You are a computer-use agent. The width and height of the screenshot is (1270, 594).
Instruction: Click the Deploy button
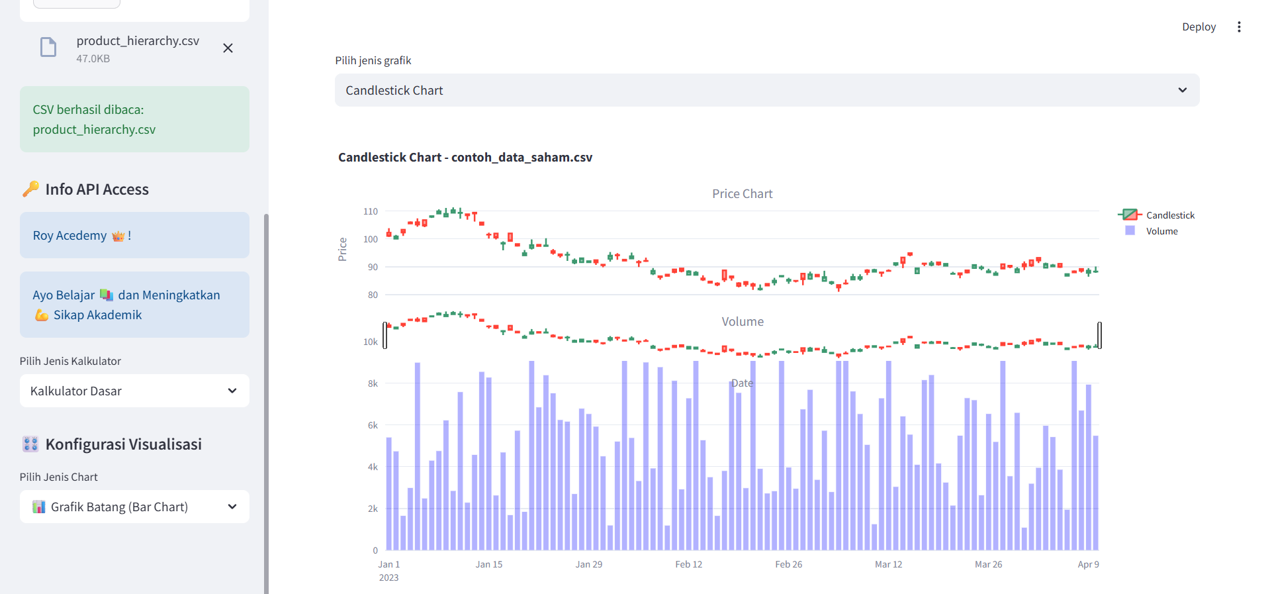[x=1199, y=27]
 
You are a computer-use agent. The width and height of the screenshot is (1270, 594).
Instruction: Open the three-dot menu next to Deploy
[x=1239, y=27]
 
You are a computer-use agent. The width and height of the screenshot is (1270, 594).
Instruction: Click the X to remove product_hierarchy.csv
[x=228, y=48]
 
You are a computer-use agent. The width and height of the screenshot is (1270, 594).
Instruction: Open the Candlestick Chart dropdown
[x=766, y=90]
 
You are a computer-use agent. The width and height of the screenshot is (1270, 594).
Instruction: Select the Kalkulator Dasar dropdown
[x=134, y=391]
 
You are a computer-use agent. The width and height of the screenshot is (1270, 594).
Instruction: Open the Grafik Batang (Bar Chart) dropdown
[x=134, y=507]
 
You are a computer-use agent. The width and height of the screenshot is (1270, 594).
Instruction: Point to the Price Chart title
[x=742, y=194]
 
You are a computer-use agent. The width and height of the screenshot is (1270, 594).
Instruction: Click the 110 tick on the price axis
[x=371, y=212]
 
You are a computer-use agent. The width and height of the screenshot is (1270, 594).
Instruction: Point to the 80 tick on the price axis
[x=373, y=295]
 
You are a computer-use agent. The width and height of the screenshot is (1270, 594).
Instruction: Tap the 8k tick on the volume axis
[x=373, y=383]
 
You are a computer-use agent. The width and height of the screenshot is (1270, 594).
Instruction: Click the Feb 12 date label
[x=688, y=564]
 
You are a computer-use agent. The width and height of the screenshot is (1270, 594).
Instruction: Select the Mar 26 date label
[x=988, y=564]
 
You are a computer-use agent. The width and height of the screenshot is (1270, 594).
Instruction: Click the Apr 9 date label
[x=1088, y=564]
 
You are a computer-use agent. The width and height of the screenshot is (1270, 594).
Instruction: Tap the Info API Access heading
[x=97, y=189]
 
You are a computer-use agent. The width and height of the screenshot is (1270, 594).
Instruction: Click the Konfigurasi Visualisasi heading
[x=123, y=444]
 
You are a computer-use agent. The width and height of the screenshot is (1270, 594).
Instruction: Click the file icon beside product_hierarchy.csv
[x=48, y=48]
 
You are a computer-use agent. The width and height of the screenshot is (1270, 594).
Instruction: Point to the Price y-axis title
[x=342, y=249]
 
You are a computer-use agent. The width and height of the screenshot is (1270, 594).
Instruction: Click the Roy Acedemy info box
[x=134, y=235]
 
